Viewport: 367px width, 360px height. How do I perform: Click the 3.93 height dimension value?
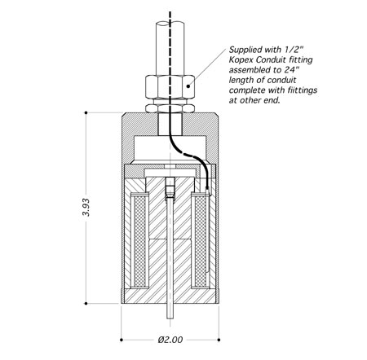86,207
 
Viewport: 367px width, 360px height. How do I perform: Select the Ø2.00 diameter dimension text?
170,340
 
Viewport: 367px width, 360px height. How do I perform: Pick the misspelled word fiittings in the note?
301,90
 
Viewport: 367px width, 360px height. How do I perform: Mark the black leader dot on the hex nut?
188,86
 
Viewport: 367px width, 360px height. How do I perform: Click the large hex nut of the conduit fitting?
170,87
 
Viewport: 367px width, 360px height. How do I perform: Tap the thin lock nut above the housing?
170,108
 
